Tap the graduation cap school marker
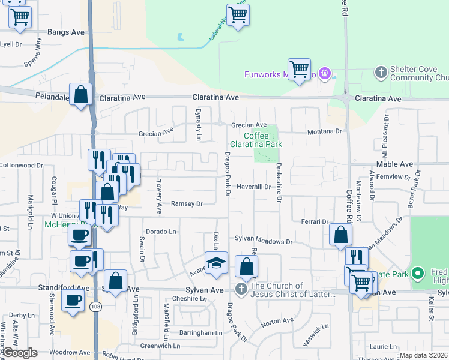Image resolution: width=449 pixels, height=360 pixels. tap(217, 263)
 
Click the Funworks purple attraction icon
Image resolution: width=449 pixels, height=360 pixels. tap(325, 74)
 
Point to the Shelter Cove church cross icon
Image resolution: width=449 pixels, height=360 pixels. tap(380, 73)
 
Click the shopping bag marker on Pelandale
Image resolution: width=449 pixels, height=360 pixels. tap(80, 94)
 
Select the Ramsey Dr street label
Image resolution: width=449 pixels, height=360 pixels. tap(187, 204)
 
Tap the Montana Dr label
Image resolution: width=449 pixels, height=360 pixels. tap(324, 131)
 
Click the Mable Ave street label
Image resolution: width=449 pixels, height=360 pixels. tap(394, 164)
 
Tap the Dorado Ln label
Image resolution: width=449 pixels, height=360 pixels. tap(161, 232)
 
